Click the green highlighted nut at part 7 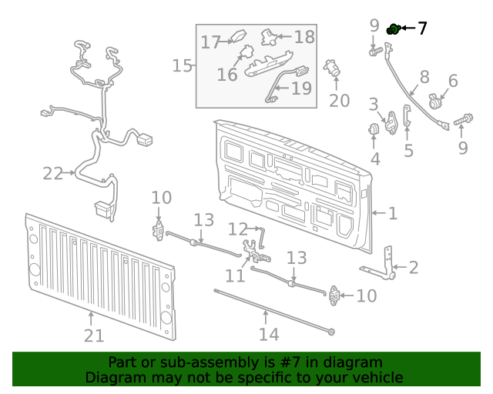393,29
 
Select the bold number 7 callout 422,29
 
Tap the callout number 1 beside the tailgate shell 392,213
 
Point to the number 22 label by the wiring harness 52,174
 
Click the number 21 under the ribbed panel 93,336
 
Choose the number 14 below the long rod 268,334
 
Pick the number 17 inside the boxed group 211,42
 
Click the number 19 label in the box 301,88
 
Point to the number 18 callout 304,36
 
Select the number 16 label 227,75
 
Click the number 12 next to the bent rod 237,229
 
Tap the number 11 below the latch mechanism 234,275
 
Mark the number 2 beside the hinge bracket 414,268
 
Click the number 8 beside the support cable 424,77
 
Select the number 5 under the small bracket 408,151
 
